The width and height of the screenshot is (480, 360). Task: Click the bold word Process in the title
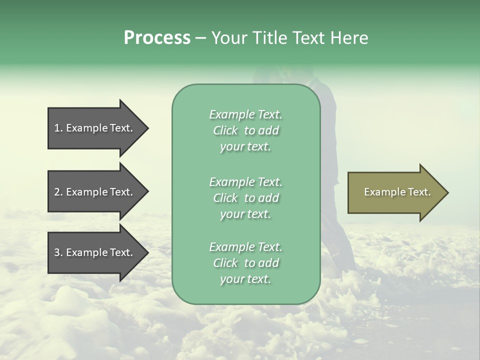(157, 38)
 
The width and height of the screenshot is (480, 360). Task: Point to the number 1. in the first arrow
(58, 128)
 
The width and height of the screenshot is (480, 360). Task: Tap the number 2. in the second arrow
(58, 192)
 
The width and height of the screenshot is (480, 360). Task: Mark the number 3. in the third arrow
(58, 252)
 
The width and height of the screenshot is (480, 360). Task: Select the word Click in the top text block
(225, 130)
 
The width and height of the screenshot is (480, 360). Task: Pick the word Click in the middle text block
(225, 198)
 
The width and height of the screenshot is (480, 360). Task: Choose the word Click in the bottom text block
(225, 263)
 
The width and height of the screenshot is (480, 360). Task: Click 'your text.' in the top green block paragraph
(245, 146)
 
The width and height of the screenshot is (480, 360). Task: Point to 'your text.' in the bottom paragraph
(245, 279)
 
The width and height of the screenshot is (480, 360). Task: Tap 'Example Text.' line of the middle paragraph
(245, 181)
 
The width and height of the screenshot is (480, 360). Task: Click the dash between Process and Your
(201, 38)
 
